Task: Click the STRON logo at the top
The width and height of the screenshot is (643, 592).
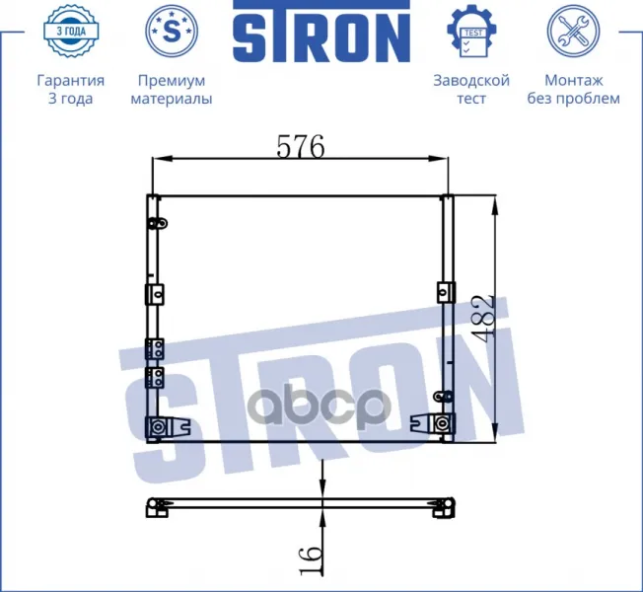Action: pos(321,32)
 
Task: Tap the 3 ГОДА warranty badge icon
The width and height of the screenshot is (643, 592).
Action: pos(71,31)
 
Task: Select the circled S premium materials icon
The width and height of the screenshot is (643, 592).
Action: pos(172,31)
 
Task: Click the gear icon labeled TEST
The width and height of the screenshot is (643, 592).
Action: pos(471,31)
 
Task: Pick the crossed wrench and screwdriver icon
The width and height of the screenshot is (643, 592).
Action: pos(573,31)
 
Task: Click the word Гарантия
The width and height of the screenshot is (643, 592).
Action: pos(71,80)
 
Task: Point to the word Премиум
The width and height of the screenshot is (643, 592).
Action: pos(172,80)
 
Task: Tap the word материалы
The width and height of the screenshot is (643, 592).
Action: pos(172,99)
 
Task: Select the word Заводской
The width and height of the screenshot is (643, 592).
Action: pos(471,80)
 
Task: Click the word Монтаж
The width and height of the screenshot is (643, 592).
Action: pos(574,80)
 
